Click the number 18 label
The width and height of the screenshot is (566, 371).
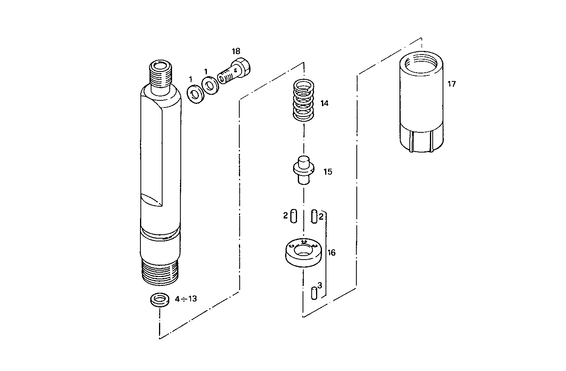[x=236, y=51]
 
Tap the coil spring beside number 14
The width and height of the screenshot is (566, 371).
[x=303, y=101]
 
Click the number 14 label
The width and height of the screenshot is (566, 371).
[x=324, y=104]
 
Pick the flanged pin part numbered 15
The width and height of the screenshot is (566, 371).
[x=303, y=170]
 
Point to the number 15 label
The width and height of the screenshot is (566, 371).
[x=327, y=172]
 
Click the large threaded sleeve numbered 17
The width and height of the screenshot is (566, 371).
[x=420, y=104]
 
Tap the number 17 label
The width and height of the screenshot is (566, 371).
[x=451, y=84]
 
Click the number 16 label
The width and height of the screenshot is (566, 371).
[x=331, y=253]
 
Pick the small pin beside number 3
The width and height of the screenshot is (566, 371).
[x=314, y=293]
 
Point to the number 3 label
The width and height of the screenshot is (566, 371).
[x=320, y=285]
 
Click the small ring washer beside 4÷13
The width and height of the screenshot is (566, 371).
[x=159, y=299]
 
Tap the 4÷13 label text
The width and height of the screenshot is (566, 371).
[x=186, y=299]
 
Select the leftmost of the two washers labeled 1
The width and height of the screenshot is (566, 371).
[x=195, y=94]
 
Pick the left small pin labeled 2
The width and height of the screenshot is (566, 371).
[x=293, y=217]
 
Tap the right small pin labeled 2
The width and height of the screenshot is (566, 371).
[x=314, y=217]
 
